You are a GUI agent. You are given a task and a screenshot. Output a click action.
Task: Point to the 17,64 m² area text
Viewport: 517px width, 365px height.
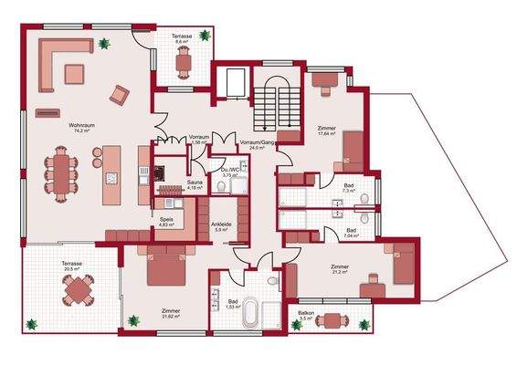coord(327,133)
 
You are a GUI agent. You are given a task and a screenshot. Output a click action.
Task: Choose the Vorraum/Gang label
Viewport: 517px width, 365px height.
coord(257,142)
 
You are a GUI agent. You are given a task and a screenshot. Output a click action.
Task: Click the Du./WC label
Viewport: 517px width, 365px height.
coord(229,170)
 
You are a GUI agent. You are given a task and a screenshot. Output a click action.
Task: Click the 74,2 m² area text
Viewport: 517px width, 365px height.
coord(81,130)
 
